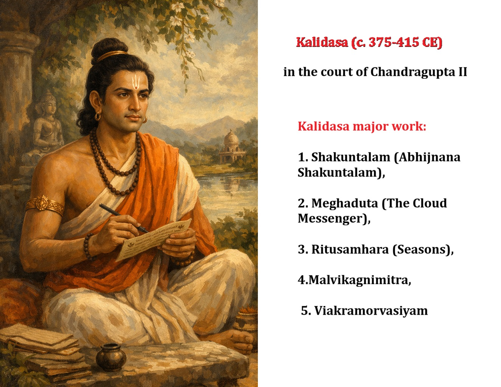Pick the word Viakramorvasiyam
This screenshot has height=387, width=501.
[x=371, y=311]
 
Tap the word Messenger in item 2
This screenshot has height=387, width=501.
[x=331, y=219]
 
